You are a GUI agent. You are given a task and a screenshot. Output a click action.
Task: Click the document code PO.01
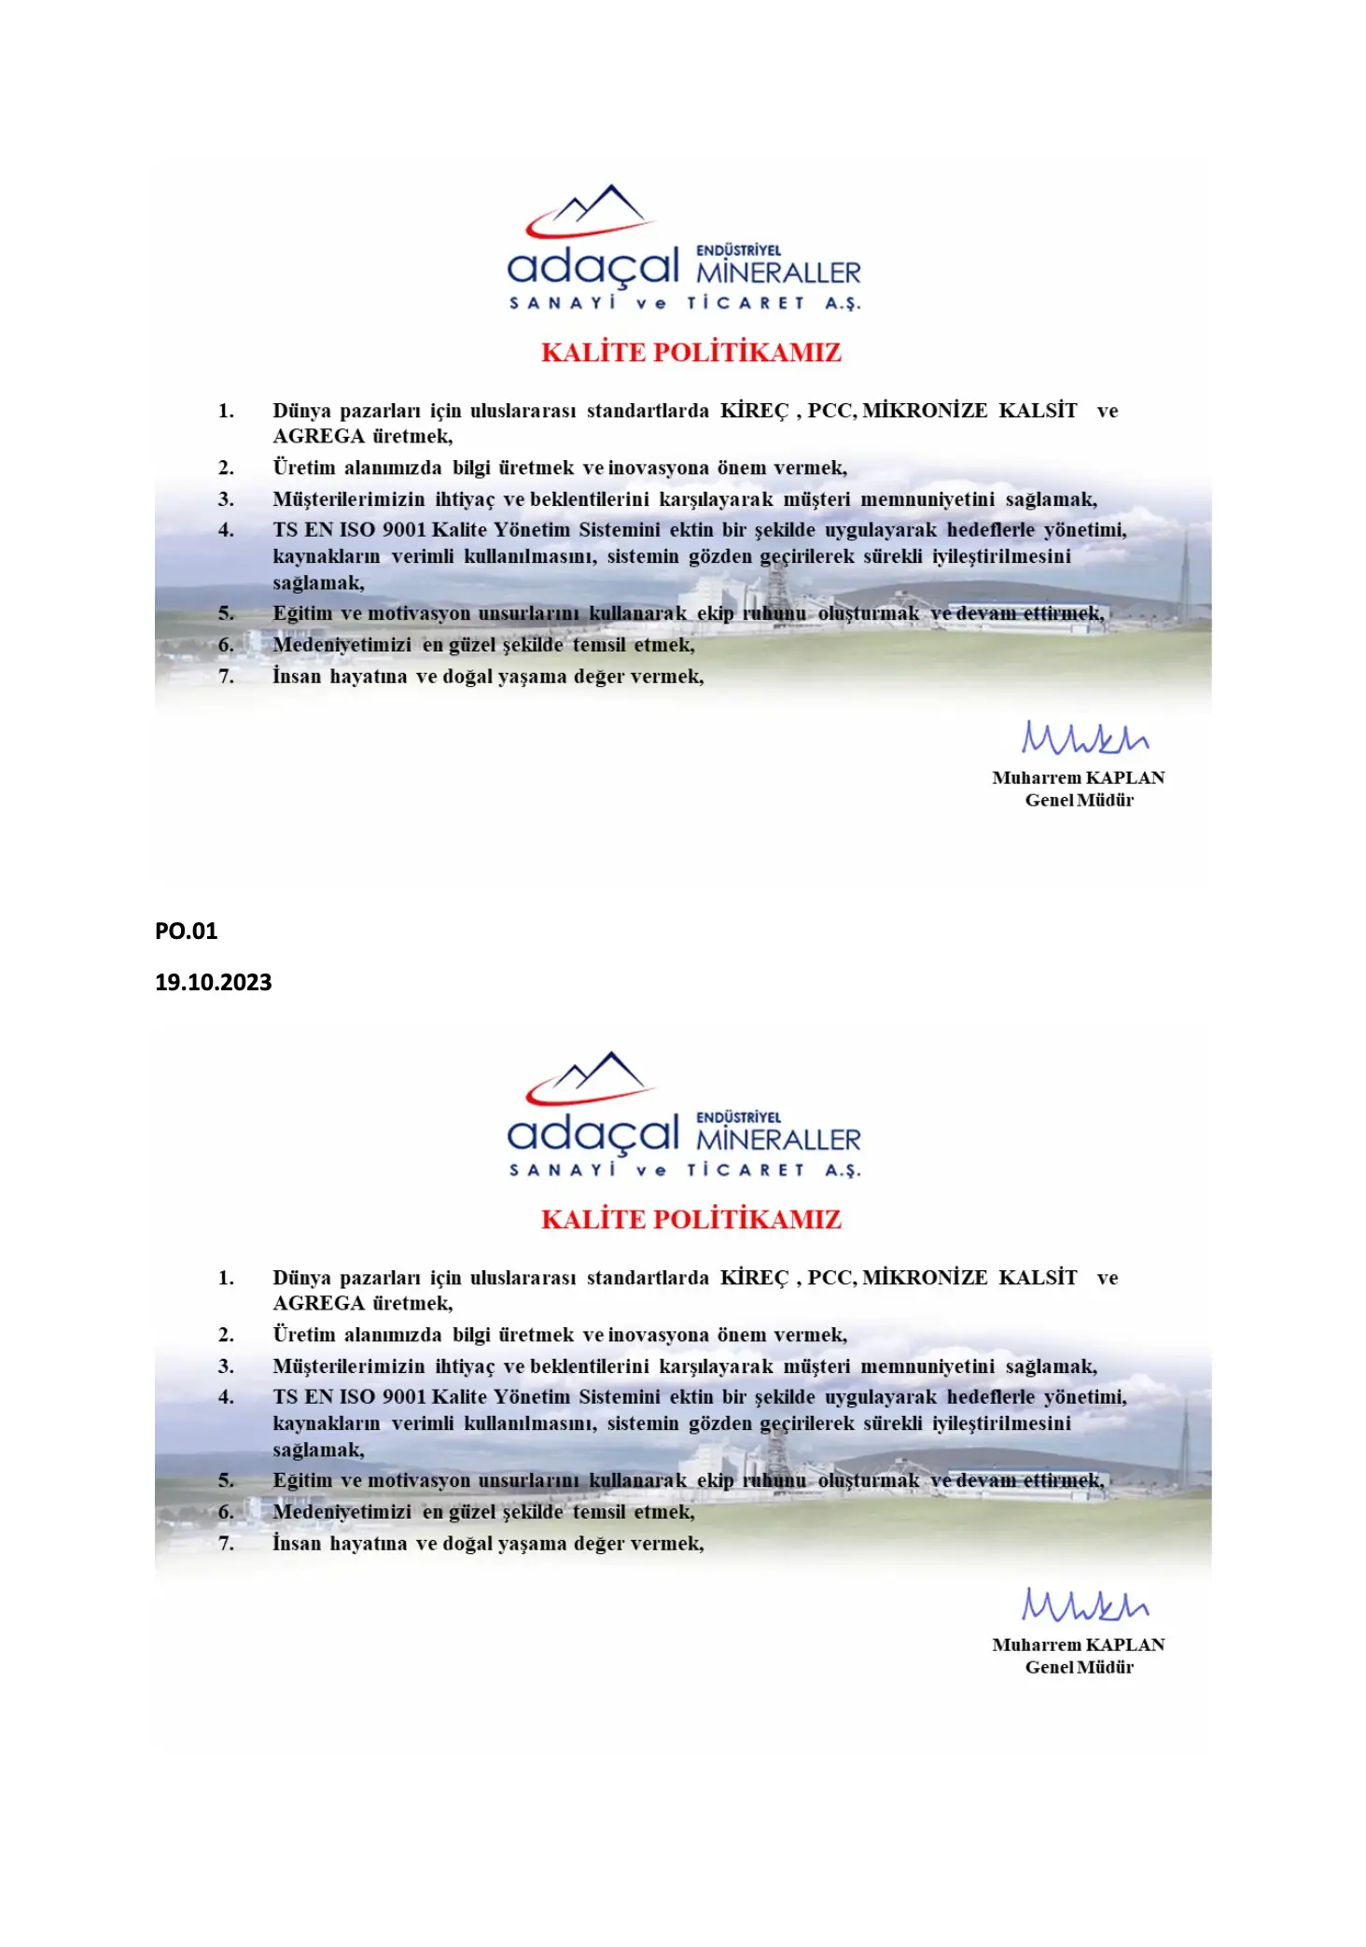[x=186, y=931]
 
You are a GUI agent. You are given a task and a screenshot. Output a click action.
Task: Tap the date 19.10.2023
[x=213, y=982]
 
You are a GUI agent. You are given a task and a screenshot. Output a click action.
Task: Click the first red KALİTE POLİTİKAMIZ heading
[x=690, y=353]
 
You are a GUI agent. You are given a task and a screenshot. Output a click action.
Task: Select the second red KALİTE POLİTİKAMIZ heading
[x=690, y=1220]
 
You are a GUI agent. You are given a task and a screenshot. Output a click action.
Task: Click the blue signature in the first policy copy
[x=1084, y=737]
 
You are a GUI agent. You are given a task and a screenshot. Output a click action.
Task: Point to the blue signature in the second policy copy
[x=1084, y=1604]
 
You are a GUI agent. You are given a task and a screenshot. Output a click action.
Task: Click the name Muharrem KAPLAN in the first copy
[x=1078, y=777]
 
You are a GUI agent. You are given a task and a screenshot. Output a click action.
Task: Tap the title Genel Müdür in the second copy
[x=1079, y=1667]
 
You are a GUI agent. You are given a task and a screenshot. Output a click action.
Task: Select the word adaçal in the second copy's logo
[x=592, y=1133]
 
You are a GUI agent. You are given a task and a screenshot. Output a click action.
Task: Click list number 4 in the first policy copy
[x=226, y=530]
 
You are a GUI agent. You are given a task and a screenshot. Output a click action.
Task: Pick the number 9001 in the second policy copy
[x=404, y=1397]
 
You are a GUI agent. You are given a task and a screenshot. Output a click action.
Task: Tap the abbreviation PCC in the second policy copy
[x=829, y=1278]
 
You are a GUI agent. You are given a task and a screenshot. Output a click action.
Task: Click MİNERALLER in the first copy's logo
[x=778, y=273]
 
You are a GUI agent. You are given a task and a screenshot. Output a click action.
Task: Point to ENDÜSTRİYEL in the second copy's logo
[x=738, y=1117]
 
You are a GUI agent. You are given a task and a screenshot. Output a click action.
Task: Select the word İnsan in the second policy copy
[x=296, y=1544]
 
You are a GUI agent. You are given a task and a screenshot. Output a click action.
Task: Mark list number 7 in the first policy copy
[x=226, y=677]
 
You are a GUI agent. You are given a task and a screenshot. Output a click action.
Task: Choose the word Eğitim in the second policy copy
[x=301, y=1481]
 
